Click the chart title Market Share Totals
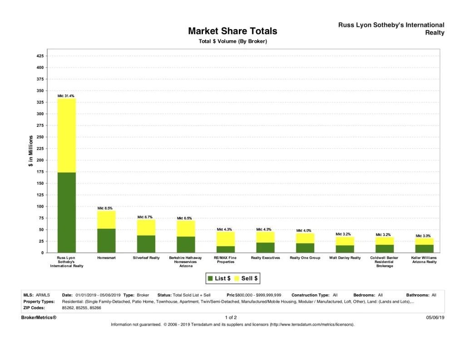coord(232,31)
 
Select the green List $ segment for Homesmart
coord(106,241)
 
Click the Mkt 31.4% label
coord(66,96)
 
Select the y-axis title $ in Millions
coord(31,151)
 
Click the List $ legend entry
coord(219,278)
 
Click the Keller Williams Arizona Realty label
coord(424,260)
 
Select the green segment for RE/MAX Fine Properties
coord(226,249)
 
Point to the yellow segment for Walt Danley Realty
coord(345,241)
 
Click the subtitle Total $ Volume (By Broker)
coord(232,41)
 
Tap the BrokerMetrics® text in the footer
coord(39,317)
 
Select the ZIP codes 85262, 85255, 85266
coord(88,308)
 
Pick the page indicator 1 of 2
coord(231,317)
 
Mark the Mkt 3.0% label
coord(424,236)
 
